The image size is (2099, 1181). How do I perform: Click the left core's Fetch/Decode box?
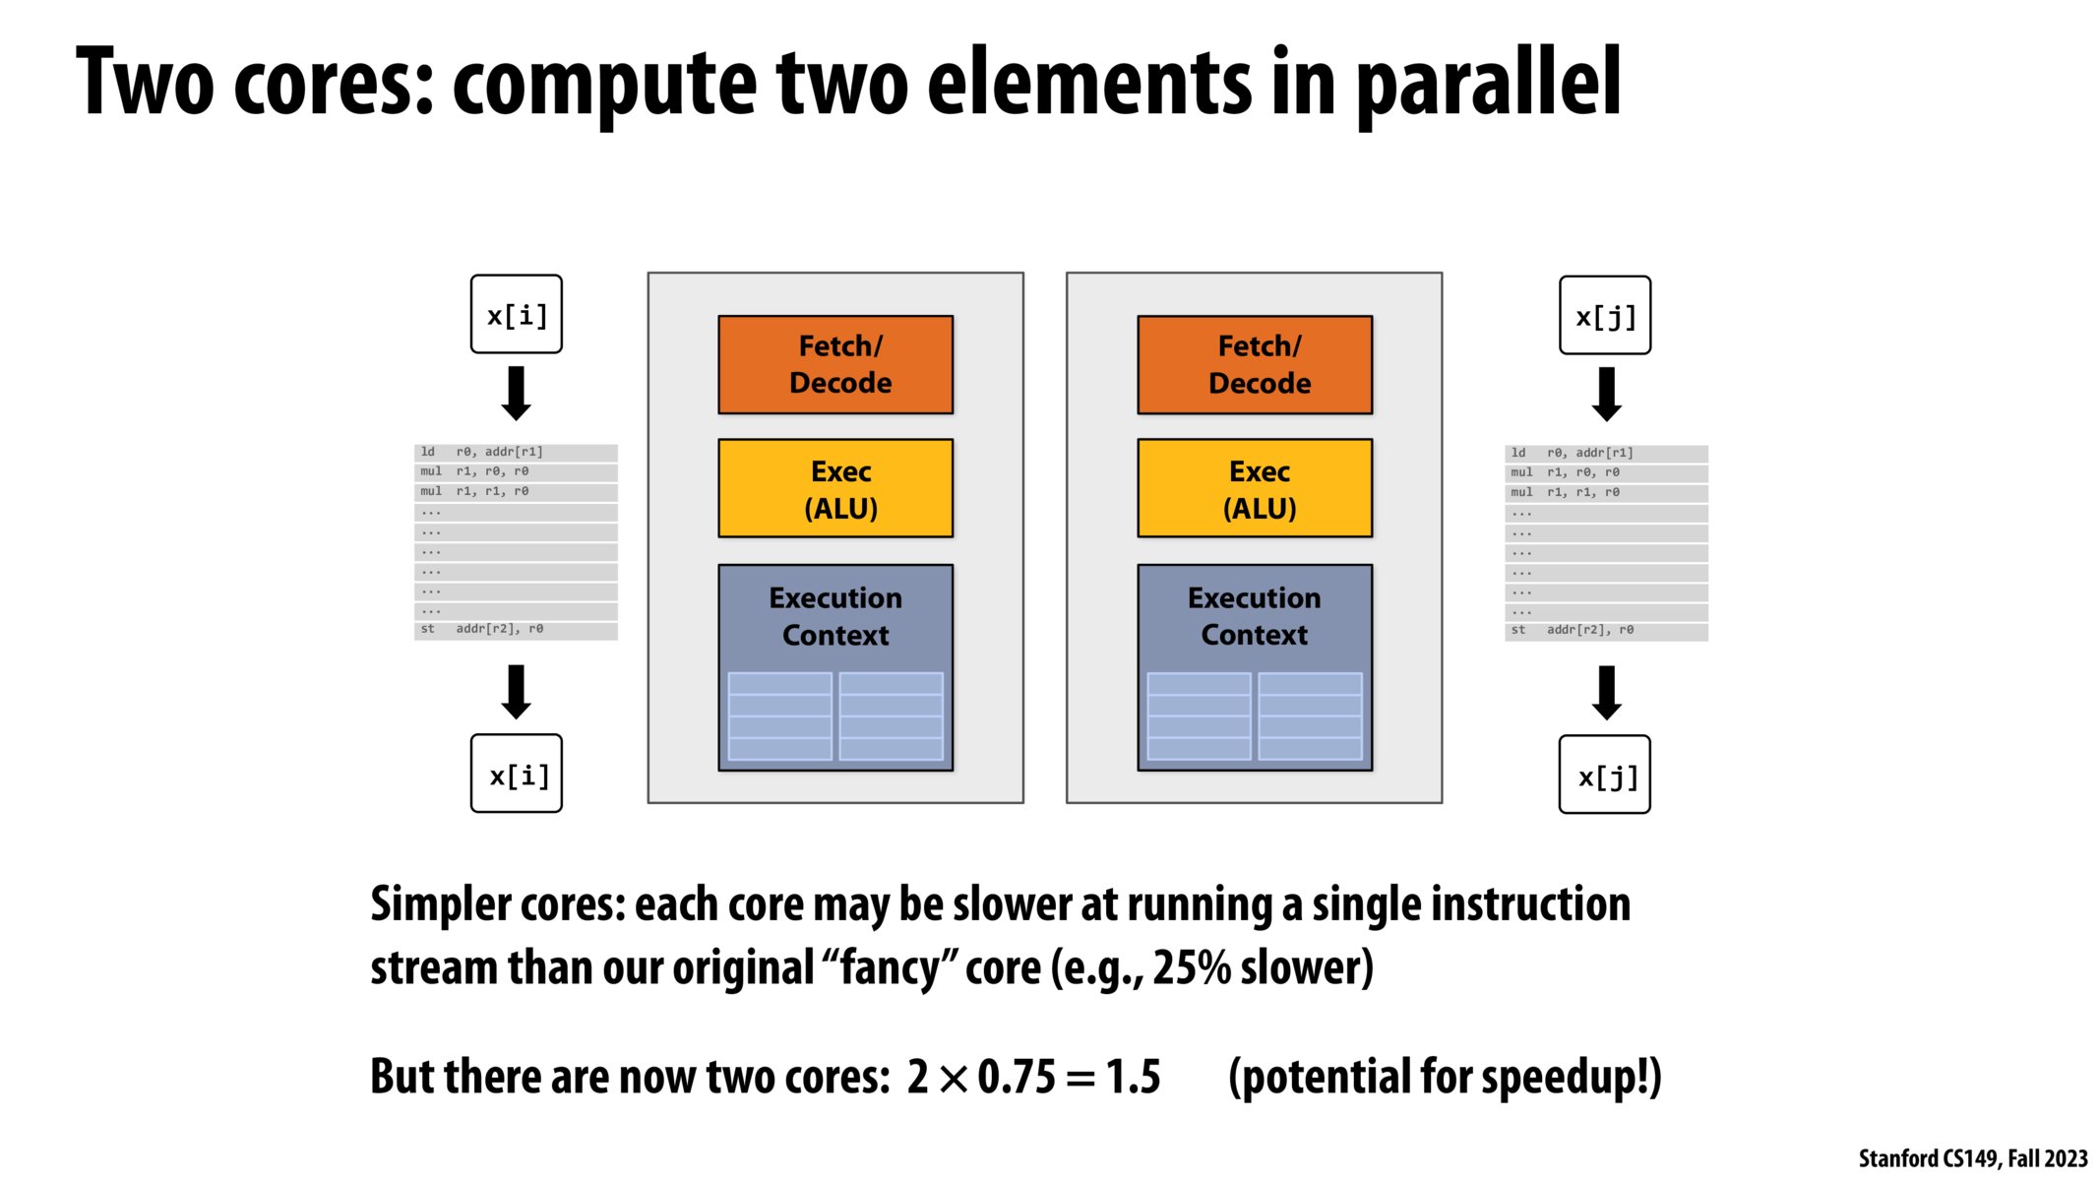pos(835,364)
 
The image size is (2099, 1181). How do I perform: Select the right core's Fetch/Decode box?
pos(1255,364)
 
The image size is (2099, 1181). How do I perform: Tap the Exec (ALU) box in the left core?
pos(835,488)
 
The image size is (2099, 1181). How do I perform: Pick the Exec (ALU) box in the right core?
pos(1255,488)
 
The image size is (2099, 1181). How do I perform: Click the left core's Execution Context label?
pos(835,616)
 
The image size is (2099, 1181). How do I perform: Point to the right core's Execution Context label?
pos(1255,616)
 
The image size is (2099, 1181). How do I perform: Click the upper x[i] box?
pos(517,315)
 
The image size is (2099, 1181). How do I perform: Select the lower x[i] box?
pos(517,775)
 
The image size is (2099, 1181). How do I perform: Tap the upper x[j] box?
pos(1605,316)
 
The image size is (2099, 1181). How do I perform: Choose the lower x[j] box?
pos(1605,776)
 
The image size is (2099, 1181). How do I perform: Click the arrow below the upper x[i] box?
pos(517,394)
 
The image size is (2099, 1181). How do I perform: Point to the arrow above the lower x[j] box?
pos(1606,693)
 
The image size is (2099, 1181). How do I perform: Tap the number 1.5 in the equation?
pos(1133,1077)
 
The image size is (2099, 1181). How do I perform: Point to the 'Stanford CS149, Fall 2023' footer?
pos(1972,1158)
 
